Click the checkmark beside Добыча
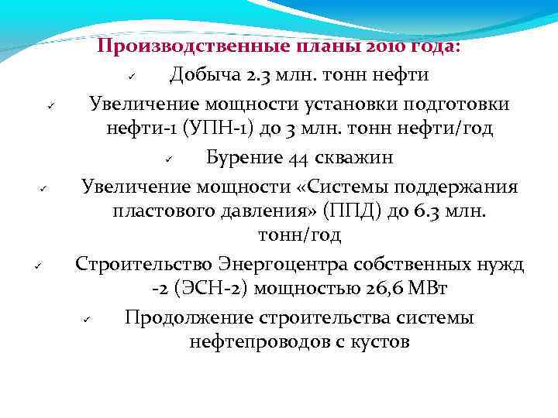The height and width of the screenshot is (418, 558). (x=133, y=77)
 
